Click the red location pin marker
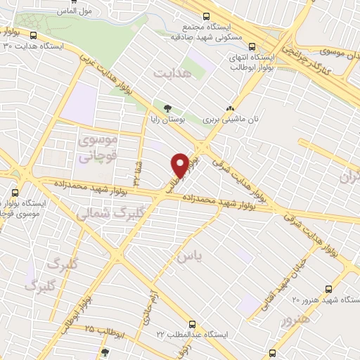tap(180, 165)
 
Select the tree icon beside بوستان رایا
tap(167, 108)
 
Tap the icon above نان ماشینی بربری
tap(230, 108)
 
